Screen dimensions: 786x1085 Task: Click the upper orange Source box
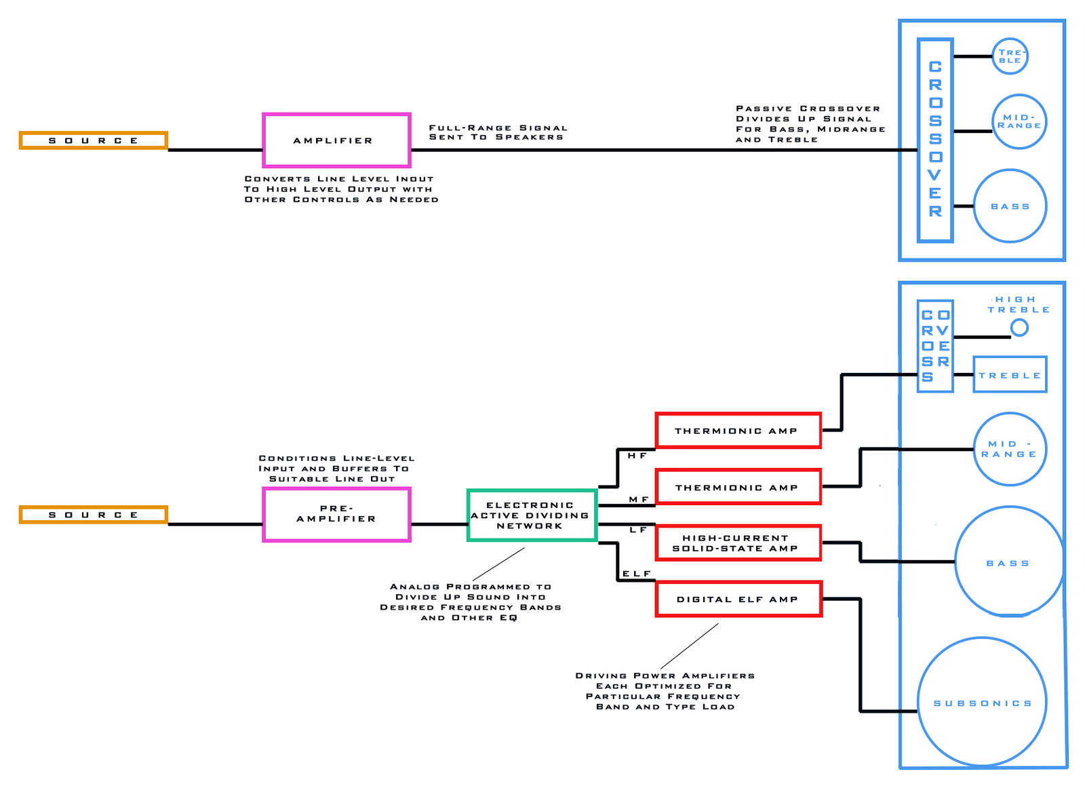93,140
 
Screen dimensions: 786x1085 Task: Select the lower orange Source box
93,515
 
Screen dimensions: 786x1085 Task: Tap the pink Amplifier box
336,140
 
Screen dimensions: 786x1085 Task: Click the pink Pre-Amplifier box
336,514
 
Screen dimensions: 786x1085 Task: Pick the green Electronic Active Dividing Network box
532,515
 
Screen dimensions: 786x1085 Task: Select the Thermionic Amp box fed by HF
738,431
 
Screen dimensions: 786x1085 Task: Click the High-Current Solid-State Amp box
738,543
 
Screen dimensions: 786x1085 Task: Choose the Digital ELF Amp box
738,599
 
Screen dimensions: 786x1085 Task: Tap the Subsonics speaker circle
982,702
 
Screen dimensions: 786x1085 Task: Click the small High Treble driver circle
1019,328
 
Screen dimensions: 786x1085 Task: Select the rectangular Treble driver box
1010,374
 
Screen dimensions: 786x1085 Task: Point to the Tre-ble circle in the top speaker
1010,56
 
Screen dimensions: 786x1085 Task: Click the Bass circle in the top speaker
1010,206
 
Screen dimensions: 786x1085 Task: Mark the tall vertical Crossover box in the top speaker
935,140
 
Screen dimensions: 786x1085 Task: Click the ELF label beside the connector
636,574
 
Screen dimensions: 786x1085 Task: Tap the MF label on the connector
638,499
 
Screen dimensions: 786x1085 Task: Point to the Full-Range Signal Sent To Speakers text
498,132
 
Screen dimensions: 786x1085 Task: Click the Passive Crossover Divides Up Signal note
810,123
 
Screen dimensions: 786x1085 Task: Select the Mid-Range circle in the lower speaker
1009,449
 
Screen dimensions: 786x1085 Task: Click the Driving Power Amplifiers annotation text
665,690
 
